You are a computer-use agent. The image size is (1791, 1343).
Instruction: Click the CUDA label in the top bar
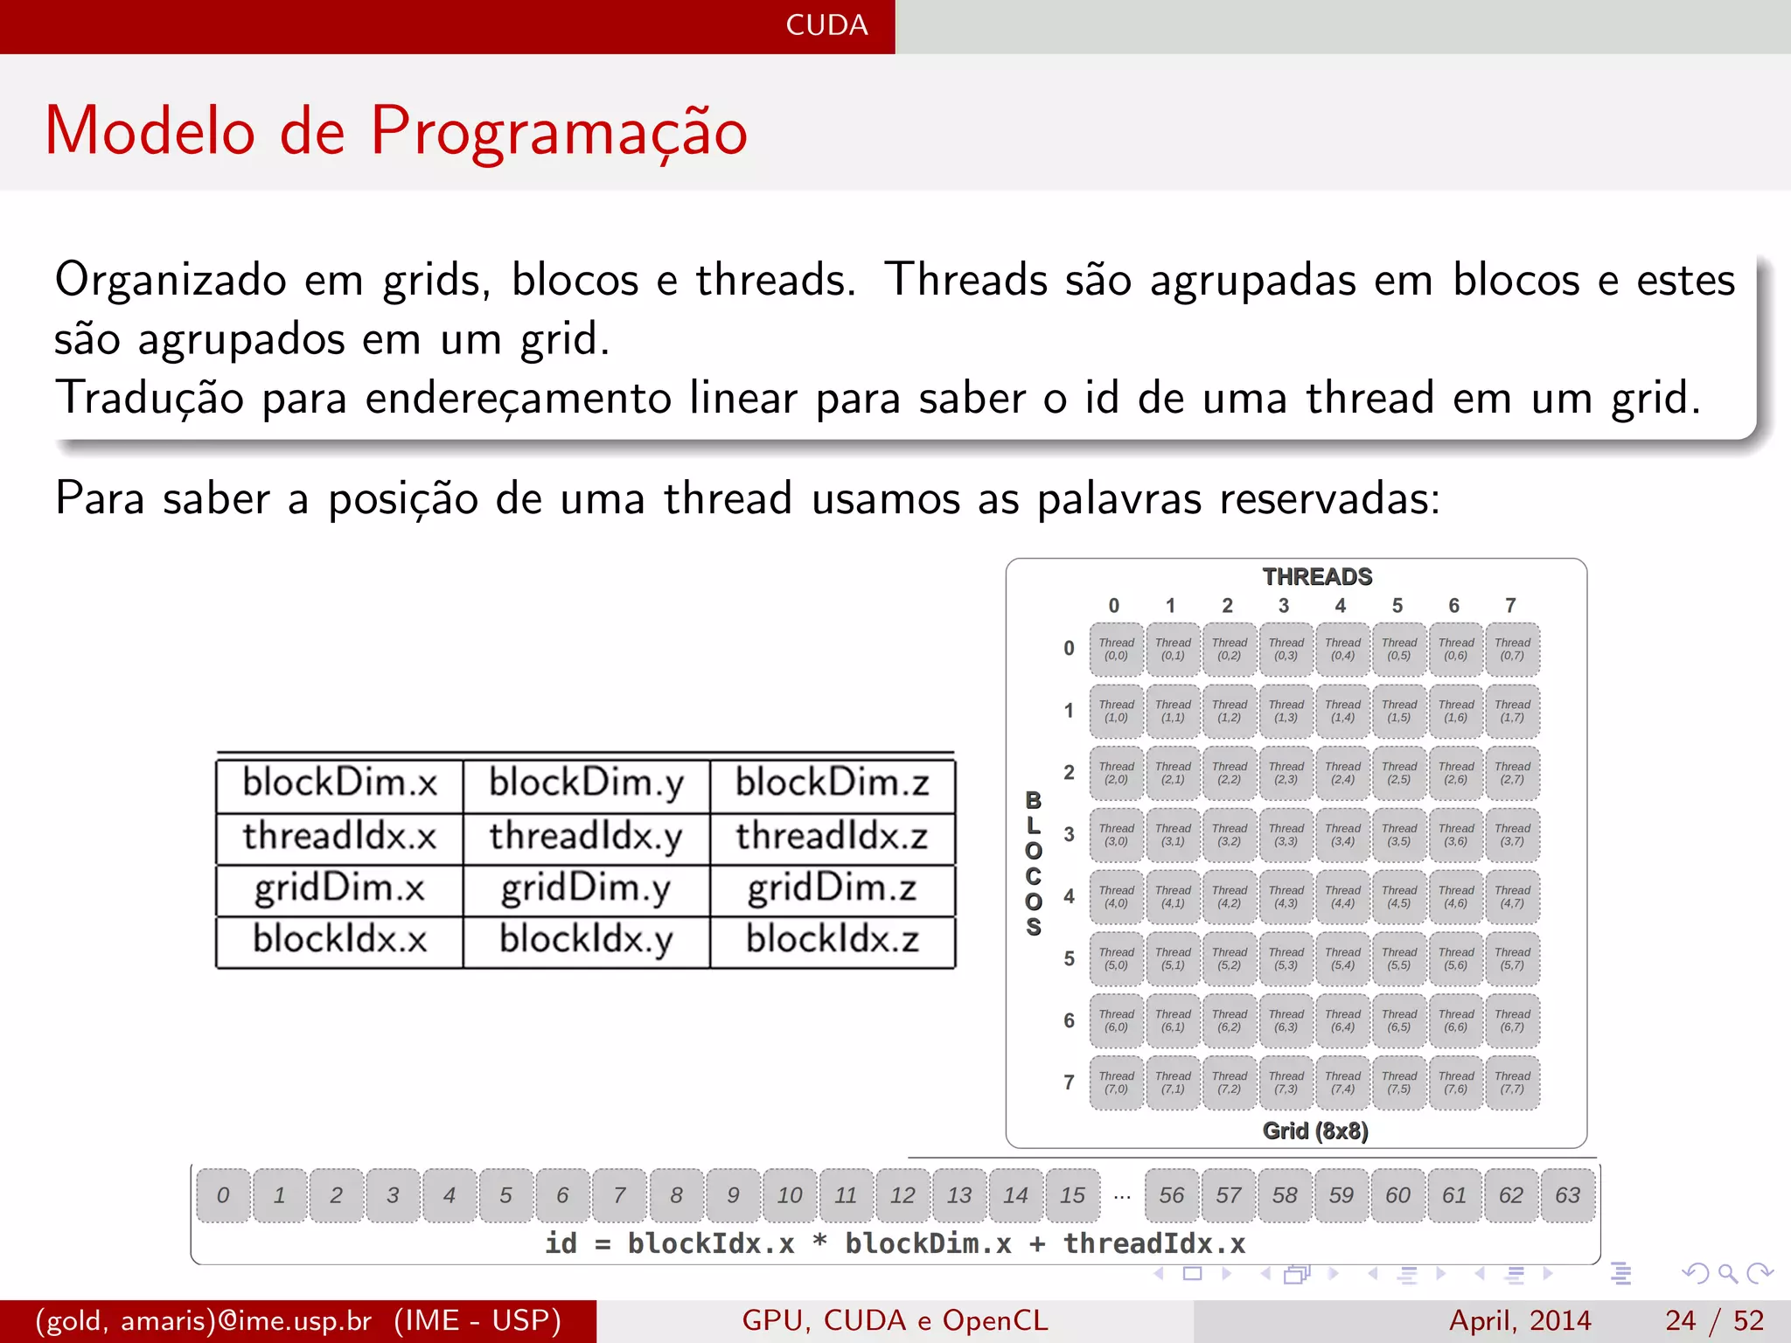(x=826, y=25)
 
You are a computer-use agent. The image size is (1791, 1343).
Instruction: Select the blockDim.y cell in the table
(x=586, y=783)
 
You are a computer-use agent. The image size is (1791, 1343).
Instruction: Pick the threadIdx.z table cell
(x=832, y=837)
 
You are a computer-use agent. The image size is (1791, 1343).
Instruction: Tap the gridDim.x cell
(x=339, y=889)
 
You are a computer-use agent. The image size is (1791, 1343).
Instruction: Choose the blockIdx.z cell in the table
(x=832, y=941)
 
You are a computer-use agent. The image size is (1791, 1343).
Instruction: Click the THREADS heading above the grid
(x=1317, y=577)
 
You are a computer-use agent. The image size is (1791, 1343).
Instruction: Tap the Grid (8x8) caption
(x=1315, y=1131)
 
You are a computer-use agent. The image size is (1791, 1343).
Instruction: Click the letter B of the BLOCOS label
(x=1034, y=801)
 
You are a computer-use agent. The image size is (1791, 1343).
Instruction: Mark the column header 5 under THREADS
(x=1397, y=606)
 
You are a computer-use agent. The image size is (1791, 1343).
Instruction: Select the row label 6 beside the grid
(x=1069, y=1021)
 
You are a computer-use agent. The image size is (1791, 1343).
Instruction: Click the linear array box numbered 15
(x=1072, y=1195)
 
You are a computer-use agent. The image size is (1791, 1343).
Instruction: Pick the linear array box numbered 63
(x=1567, y=1195)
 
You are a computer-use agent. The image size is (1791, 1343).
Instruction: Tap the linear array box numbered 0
(x=223, y=1195)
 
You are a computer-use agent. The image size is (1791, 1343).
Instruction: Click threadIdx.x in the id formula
(x=1153, y=1244)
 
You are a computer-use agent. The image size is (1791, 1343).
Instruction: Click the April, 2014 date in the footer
(x=1520, y=1320)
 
